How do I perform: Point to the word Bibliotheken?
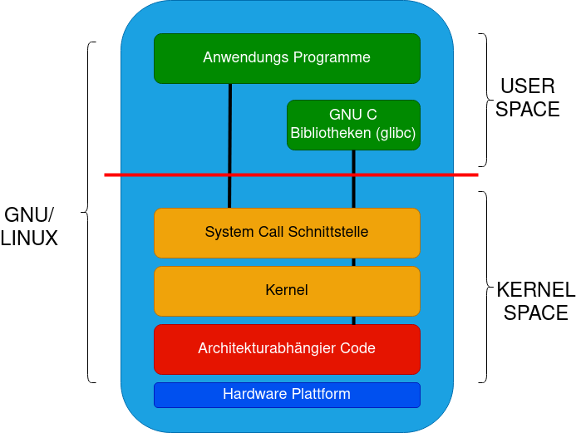click(x=331, y=133)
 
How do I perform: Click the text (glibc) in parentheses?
click(x=396, y=133)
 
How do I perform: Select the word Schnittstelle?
click(x=327, y=232)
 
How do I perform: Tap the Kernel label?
click(x=287, y=290)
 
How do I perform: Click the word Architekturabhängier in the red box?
click(x=264, y=348)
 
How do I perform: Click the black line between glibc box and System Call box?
click(x=354, y=191)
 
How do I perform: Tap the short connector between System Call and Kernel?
click(x=354, y=262)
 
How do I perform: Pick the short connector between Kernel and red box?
click(x=354, y=320)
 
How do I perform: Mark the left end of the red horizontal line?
click(x=106, y=175)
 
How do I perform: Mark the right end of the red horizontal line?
click(x=477, y=175)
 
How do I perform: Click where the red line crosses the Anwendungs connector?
click(x=229, y=175)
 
